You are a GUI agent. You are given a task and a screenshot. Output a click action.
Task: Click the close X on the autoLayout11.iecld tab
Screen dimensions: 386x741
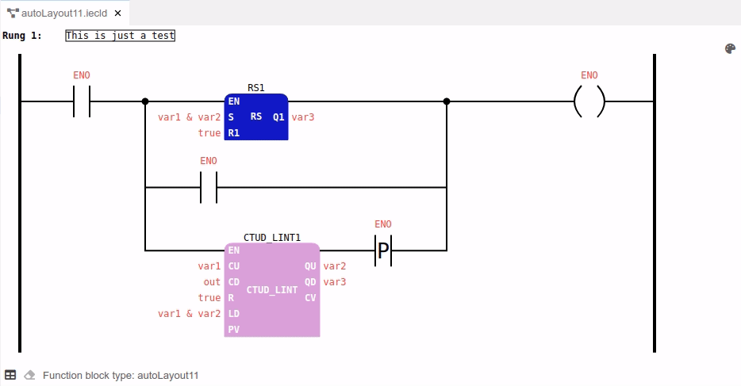(117, 13)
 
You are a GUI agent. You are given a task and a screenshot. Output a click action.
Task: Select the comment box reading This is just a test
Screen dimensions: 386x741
(120, 36)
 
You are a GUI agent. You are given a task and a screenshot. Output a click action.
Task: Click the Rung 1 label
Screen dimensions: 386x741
(22, 36)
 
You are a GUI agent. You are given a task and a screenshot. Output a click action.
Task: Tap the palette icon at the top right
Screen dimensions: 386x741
(731, 48)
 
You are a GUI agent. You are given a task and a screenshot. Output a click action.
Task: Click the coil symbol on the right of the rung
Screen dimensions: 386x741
(589, 101)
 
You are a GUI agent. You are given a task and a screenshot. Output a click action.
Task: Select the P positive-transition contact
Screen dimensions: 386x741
(383, 250)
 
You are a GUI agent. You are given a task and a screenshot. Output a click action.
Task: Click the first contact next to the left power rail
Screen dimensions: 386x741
(82, 101)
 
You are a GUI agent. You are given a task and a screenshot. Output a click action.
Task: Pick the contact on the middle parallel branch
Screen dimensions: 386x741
(209, 188)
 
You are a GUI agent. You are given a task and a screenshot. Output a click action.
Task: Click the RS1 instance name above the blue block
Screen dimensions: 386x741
(256, 87)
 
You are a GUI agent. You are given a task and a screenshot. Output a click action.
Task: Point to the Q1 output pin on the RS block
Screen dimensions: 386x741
(278, 117)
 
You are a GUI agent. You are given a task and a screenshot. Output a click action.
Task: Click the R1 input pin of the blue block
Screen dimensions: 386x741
(233, 133)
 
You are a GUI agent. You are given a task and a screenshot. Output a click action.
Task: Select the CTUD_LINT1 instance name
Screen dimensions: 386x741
(272, 237)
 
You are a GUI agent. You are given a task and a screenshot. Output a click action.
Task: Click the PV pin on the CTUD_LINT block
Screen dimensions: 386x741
(233, 330)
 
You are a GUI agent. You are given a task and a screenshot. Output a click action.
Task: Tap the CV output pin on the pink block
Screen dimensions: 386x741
(310, 298)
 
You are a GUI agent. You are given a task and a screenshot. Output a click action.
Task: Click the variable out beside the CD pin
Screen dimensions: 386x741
(212, 282)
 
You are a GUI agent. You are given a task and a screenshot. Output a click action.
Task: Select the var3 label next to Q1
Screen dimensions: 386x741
(303, 117)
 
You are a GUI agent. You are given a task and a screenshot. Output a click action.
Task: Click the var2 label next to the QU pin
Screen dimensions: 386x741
(335, 266)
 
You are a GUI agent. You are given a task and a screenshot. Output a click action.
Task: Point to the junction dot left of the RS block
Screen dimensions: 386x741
(144, 101)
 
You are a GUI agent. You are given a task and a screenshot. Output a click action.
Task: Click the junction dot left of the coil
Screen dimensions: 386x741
(447, 101)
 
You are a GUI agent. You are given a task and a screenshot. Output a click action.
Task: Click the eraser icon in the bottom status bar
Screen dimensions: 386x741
(29, 375)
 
